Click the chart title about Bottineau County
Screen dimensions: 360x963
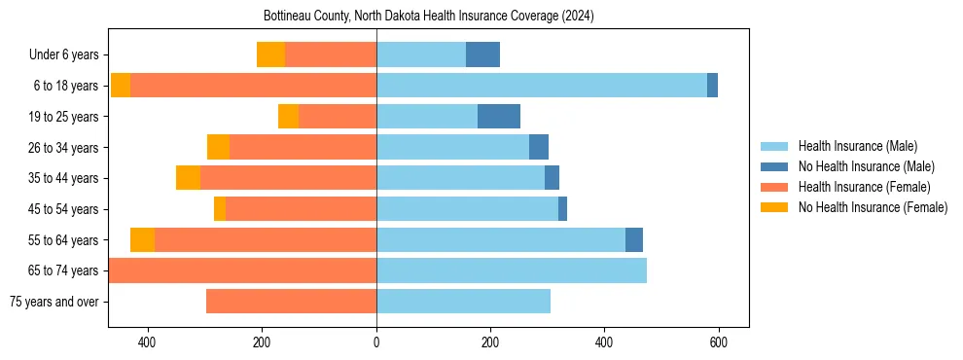(x=428, y=17)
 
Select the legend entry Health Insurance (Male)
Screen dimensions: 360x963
(x=857, y=146)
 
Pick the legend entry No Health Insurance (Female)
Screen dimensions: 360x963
(x=873, y=207)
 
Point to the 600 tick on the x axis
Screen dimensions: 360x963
(x=718, y=342)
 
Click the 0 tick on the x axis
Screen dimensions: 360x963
(x=376, y=342)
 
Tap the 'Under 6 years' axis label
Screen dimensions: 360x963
(x=63, y=55)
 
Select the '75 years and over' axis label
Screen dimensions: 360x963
(x=54, y=302)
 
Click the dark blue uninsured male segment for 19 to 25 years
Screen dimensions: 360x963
(x=499, y=117)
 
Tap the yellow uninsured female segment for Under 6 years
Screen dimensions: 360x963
(x=270, y=54)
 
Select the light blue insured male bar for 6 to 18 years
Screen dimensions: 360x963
(x=541, y=86)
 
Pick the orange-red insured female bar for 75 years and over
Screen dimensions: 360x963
(x=291, y=302)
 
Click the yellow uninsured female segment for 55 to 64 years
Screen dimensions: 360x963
(x=142, y=239)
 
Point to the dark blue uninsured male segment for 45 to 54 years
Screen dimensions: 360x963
(x=562, y=209)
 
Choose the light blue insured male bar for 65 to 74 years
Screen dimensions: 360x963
(x=512, y=270)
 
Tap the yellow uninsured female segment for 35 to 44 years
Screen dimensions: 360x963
(x=188, y=178)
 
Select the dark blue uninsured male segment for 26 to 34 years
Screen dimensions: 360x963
(x=539, y=147)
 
